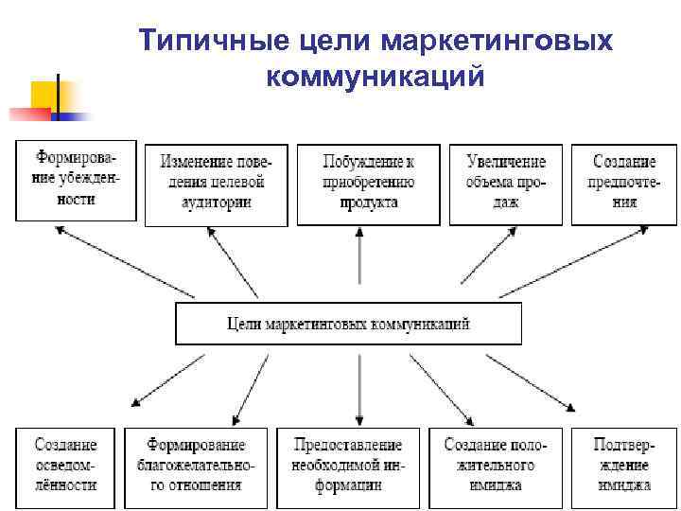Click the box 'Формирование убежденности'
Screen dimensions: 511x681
tap(76, 181)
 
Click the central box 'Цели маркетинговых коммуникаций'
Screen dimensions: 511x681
tap(348, 324)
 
